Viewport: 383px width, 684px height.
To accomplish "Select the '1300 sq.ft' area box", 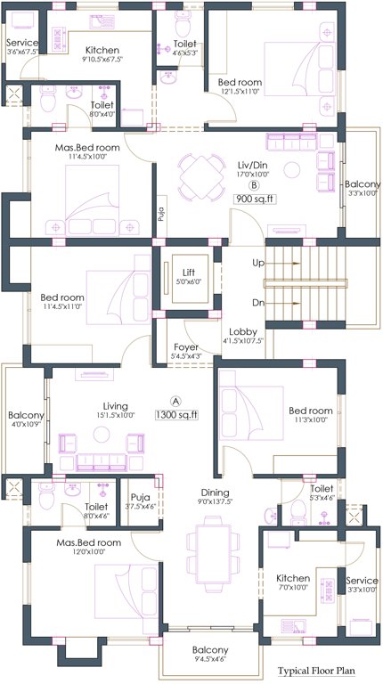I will (177, 414).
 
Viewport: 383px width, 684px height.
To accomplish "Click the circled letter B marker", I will (254, 185).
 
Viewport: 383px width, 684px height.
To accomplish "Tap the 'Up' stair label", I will (258, 264).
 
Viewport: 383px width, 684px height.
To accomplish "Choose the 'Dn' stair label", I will (258, 303).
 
